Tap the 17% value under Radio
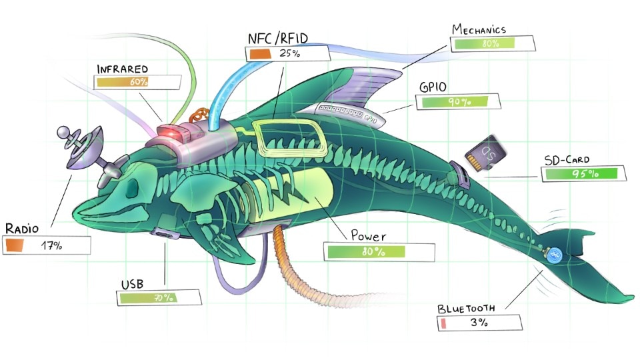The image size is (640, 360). [x=51, y=245]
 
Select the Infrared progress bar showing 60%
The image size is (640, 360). [x=137, y=82]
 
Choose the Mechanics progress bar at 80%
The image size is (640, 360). [x=493, y=44]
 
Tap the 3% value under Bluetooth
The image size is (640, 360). [x=478, y=323]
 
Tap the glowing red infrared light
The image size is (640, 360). [x=171, y=133]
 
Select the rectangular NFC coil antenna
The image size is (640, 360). [x=287, y=140]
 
